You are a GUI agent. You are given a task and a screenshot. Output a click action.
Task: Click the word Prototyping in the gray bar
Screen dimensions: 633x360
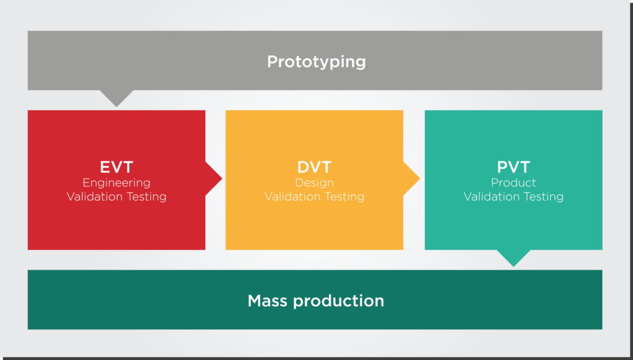tap(316, 62)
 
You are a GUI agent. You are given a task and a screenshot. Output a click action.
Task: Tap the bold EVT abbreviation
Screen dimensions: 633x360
tap(116, 167)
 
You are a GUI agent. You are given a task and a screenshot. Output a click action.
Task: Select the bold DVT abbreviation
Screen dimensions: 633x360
tap(315, 167)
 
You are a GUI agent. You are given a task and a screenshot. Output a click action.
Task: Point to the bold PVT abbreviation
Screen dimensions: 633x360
tap(514, 167)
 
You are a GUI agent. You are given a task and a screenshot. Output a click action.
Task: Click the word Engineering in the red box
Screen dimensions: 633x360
tap(116, 183)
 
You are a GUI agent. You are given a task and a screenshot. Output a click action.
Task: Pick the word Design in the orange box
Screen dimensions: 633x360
tap(315, 183)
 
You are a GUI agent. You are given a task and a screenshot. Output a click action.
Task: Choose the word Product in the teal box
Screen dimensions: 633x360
tap(514, 182)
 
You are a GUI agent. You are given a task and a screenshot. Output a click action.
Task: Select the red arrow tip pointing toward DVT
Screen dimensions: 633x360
tap(222, 178)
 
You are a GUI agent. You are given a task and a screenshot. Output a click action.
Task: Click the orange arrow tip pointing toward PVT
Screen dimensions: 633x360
tap(420, 178)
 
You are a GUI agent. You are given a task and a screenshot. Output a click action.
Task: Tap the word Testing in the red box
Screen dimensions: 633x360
tap(147, 197)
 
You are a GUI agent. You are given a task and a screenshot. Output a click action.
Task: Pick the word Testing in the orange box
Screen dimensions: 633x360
tap(344, 197)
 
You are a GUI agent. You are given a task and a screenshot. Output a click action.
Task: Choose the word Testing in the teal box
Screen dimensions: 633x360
tap(543, 197)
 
